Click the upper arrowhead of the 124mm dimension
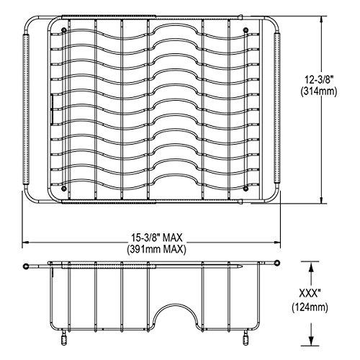coord(311,266)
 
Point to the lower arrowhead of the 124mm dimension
coord(311,339)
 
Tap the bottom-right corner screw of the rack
coord(247,189)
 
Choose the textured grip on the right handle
coord(282,112)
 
